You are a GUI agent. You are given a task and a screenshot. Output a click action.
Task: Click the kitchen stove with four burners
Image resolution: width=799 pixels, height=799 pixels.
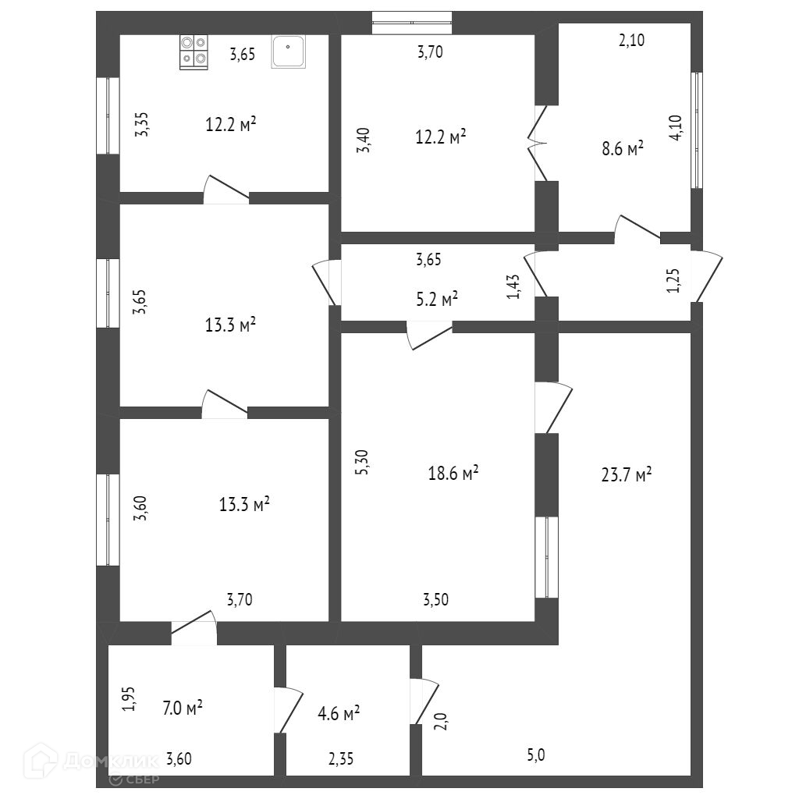coord(194,52)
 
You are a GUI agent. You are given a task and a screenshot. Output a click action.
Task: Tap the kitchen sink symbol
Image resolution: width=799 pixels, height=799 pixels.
coord(289,52)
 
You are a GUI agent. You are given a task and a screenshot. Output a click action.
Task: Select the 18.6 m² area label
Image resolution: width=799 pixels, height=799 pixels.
coord(453,473)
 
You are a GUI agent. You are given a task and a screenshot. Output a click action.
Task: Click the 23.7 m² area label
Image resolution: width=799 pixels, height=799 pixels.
coord(627,474)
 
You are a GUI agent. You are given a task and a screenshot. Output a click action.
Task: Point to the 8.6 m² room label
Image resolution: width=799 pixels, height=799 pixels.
coord(622,148)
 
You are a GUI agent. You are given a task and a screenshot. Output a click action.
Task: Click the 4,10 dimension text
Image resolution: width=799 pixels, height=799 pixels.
coord(676,126)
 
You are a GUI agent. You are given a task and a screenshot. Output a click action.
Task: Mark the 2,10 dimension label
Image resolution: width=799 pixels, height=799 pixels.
coord(631,41)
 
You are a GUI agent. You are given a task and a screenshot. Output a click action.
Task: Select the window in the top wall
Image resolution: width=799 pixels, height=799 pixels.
coord(412,23)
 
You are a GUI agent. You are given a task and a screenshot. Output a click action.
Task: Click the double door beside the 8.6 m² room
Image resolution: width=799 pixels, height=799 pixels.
coord(538,143)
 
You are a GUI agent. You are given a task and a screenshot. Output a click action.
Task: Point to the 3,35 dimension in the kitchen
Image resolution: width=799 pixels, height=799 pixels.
coord(142,124)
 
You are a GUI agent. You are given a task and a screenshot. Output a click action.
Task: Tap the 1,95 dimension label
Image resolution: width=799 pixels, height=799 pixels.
coord(129,698)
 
